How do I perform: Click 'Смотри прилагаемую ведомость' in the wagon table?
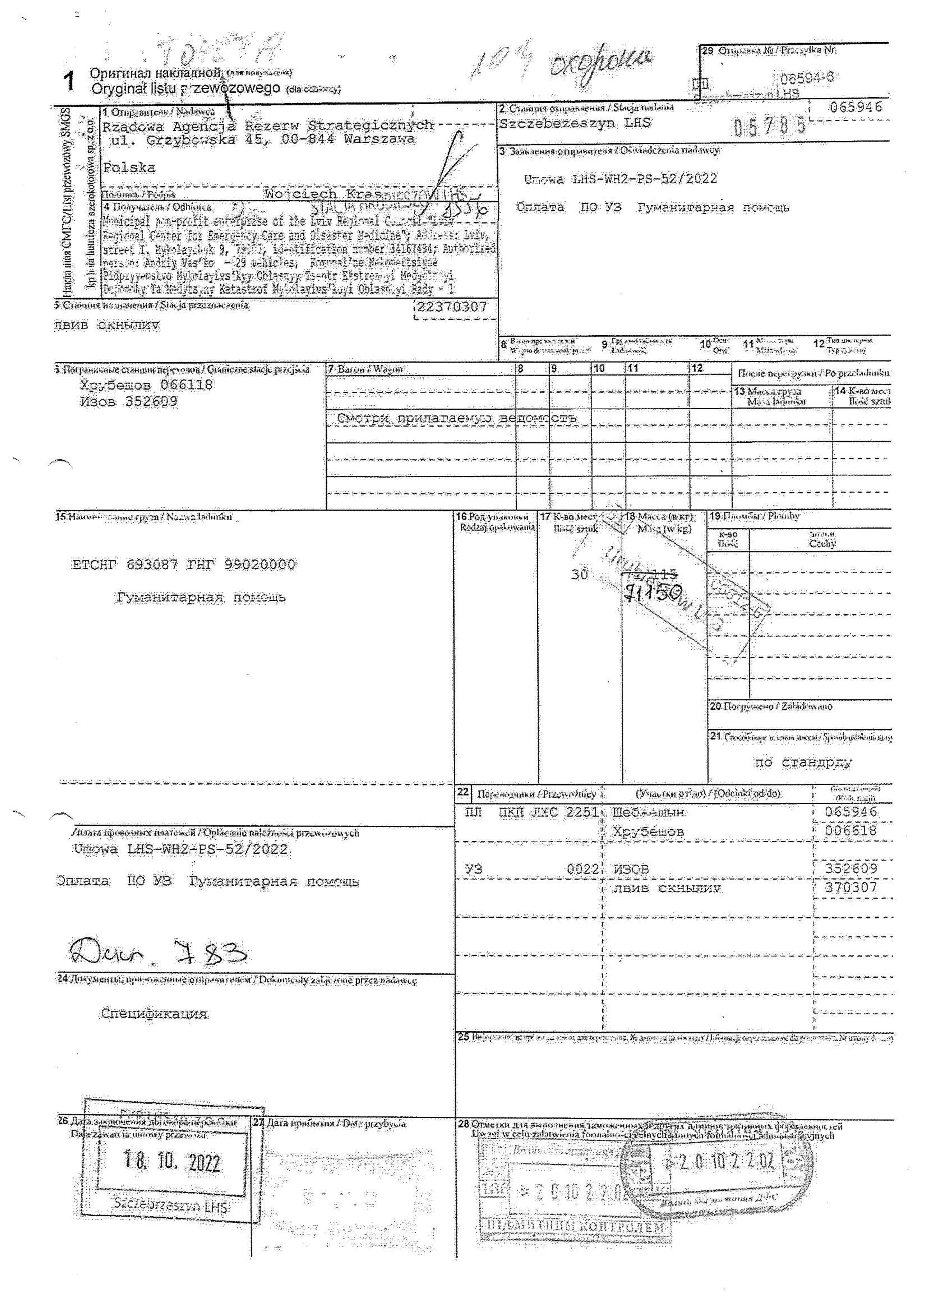[x=456, y=419]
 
